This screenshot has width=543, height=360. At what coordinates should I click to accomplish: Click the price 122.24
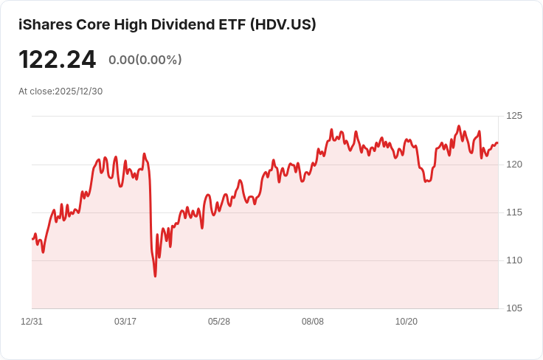click(57, 60)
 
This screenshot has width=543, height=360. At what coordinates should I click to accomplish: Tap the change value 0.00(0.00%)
click(145, 60)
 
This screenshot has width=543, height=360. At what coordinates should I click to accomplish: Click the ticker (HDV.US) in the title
click(283, 24)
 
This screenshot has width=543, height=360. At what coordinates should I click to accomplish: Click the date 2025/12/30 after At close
click(79, 91)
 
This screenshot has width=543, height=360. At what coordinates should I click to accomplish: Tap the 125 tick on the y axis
click(514, 116)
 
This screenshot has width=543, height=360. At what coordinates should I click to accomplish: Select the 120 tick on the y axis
click(514, 164)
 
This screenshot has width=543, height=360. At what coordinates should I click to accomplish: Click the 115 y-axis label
click(514, 212)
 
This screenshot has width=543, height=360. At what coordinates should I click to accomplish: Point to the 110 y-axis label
click(514, 260)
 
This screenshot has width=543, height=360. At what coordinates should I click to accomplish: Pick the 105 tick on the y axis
click(514, 308)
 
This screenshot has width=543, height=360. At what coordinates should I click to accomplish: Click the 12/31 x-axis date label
click(32, 322)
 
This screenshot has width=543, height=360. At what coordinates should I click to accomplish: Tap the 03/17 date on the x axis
click(125, 322)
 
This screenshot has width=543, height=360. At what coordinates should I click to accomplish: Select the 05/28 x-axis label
click(219, 322)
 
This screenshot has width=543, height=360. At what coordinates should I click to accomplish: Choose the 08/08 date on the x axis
click(313, 322)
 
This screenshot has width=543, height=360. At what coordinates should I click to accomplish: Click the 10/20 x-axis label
click(407, 322)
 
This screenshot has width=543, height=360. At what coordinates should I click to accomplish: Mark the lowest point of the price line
click(155, 276)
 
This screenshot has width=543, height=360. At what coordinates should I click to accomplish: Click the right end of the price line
click(497, 143)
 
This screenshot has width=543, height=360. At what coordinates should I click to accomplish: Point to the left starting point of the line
click(32, 239)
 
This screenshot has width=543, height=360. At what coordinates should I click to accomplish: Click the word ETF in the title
click(232, 24)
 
